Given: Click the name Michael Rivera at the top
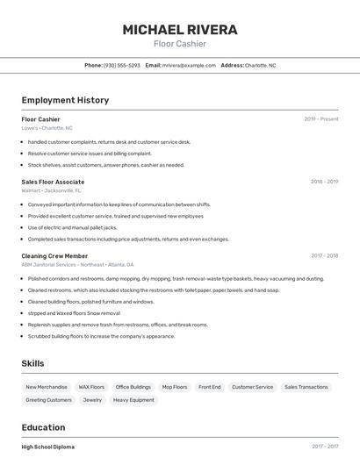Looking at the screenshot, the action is tap(180, 30).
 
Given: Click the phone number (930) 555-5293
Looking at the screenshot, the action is tap(121, 65).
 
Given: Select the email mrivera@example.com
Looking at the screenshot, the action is tap(189, 65).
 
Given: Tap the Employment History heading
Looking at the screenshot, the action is tap(65, 100).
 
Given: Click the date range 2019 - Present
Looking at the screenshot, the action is tap(320, 119).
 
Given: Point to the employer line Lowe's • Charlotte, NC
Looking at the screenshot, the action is tap(47, 128).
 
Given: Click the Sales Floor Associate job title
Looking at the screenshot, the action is tap(53, 182).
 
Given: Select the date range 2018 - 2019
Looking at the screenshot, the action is tap(324, 182).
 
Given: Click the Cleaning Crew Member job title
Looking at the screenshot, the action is tap(54, 256).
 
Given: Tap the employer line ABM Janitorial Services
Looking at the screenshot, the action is tap(77, 264).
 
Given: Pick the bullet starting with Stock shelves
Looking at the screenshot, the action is tap(105, 165).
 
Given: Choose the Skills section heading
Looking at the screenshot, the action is tap(32, 363).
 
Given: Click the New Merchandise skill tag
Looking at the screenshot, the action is tap(47, 387).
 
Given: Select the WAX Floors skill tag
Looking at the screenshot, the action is tap(91, 387).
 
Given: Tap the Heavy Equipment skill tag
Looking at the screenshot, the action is tap(133, 400).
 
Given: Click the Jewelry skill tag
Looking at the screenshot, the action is tap(92, 400).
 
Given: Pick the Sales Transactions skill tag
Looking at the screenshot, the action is tap(306, 387).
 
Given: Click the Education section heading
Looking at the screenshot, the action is tap(44, 427).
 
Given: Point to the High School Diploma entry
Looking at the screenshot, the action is tap(47, 447).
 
